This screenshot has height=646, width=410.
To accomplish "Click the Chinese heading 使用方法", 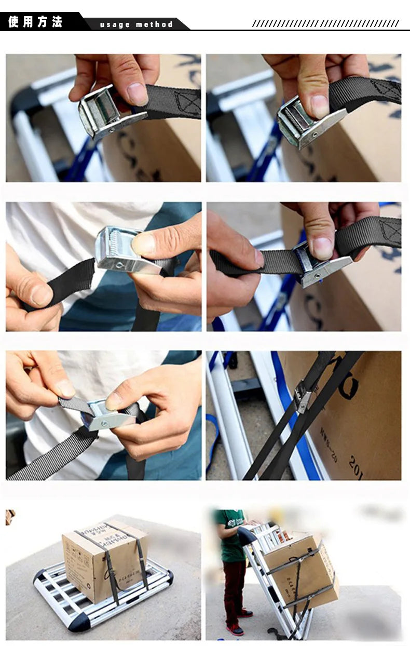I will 35,22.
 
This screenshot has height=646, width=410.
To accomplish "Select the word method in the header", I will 155,24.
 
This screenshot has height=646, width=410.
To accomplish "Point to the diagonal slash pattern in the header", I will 325,23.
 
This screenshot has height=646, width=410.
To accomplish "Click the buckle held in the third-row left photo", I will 106,414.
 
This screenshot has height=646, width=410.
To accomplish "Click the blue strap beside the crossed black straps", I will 294,415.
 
